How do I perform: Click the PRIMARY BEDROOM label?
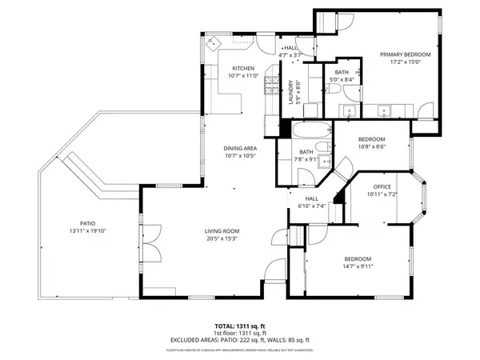(405, 54)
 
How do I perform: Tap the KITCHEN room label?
(243, 69)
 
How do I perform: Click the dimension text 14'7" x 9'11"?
(358, 266)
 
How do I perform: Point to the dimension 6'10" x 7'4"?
(311, 206)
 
